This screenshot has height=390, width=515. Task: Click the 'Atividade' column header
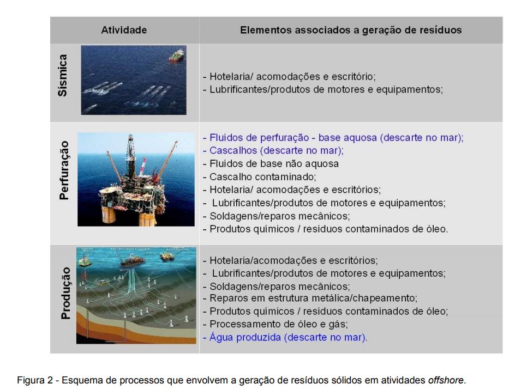click(124, 30)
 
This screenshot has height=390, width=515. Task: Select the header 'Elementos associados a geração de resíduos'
click(351, 30)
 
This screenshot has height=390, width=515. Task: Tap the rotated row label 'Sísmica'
click(62, 76)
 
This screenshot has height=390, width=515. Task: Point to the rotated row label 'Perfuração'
click(64, 170)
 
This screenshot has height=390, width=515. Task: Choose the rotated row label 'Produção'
click(65, 293)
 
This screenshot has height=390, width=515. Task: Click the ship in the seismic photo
click(176, 56)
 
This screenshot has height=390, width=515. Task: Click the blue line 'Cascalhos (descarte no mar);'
click(273, 150)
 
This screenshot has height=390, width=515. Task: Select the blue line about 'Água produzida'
click(285, 338)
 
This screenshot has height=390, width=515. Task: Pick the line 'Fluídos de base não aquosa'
click(271, 163)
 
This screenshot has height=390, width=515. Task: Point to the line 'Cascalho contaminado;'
click(259, 177)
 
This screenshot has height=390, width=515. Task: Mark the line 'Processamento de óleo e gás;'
click(276, 324)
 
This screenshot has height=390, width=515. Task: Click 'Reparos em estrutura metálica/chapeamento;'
click(310, 298)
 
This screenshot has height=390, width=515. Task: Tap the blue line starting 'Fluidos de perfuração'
click(333, 138)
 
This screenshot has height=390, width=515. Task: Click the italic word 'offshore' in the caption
click(446, 380)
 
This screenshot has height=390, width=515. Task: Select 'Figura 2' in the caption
click(35, 381)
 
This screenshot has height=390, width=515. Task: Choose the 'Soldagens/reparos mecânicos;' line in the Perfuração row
click(276, 216)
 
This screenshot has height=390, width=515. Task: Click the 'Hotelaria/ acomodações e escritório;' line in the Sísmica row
click(289, 77)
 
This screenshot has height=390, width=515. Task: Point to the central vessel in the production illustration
click(132, 260)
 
